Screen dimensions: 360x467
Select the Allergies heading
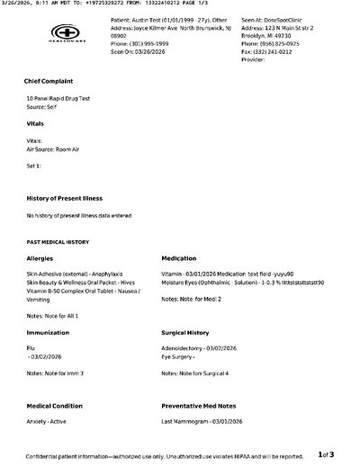coord(40,258)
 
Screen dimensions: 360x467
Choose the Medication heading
coord(180,258)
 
